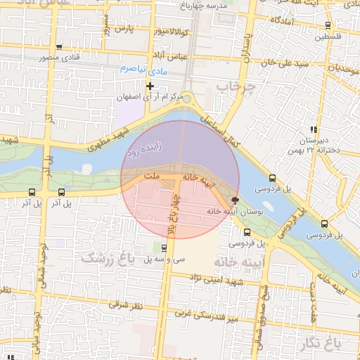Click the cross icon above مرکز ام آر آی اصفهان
pyautogui.click(x=150, y=86)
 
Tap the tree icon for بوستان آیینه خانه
pyautogui.click(x=234, y=200)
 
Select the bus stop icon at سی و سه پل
pyautogui.click(x=164, y=247)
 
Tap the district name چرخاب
pyautogui.click(x=233, y=86)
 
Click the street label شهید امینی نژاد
pyautogui.click(x=231, y=281)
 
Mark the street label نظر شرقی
pyautogui.click(x=126, y=305)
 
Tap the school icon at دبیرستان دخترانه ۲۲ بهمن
pyautogui.click(x=314, y=129)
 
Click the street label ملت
pyautogui.click(x=150, y=173)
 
